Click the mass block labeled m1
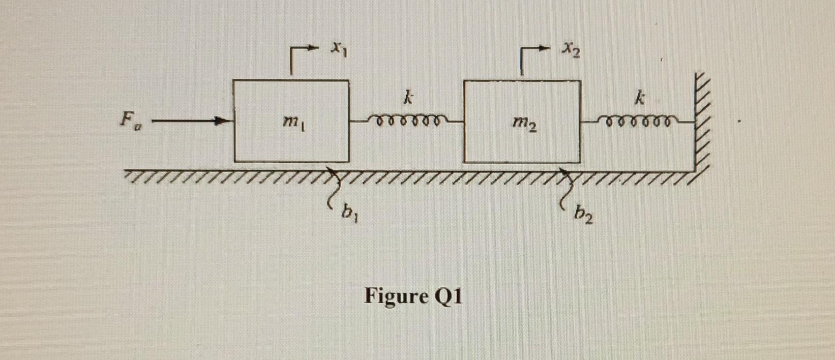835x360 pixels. (264, 142)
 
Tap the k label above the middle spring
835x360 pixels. (406, 99)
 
